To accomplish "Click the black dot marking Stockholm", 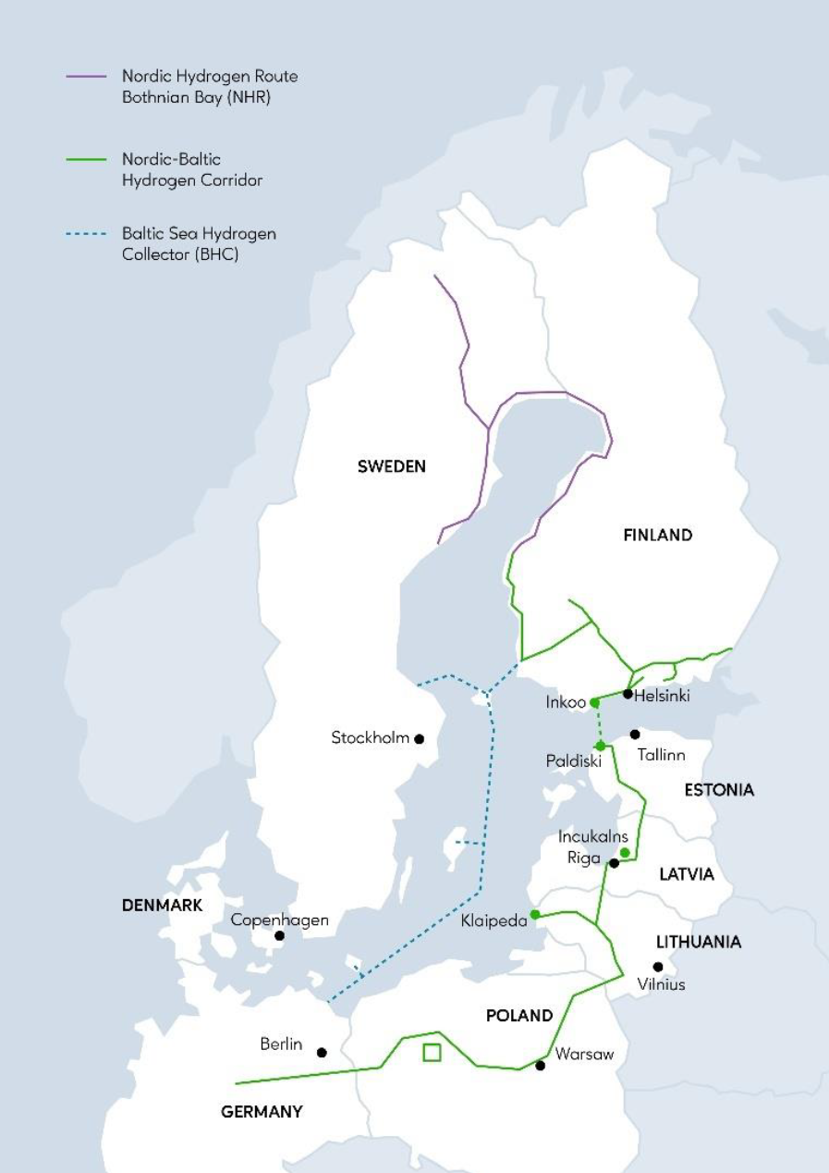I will pyautogui.click(x=419, y=738).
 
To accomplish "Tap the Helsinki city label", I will pyautogui.click(x=663, y=696).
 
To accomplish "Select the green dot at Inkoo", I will pyautogui.click(x=594, y=703).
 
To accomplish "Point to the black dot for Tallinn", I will pyautogui.click(x=635, y=735).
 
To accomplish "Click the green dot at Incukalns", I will pyautogui.click(x=625, y=852).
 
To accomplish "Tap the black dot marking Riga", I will pyautogui.click(x=614, y=862).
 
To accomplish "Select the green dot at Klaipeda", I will pyautogui.click(x=535, y=914).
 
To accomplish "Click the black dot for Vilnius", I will pyautogui.click(x=658, y=967).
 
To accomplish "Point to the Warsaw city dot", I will pyautogui.click(x=541, y=1065).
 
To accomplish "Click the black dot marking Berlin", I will pyautogui.click(x=322, y=1053).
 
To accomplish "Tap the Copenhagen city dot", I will pyautogui.click(x=279, y=935).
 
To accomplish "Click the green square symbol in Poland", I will pyautogui.click(x=431, y=1052).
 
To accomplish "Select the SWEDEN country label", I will pyautogui.click(x=392, y=466).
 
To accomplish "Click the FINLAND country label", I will pyautogui.click(x=657, y=535).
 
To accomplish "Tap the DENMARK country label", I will pyautogui.click(x=162, y=906).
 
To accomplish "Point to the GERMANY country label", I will pyautogui.click(x=262, y=1112).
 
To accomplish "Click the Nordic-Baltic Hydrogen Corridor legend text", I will pyautogui.click(x=191, y=170).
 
